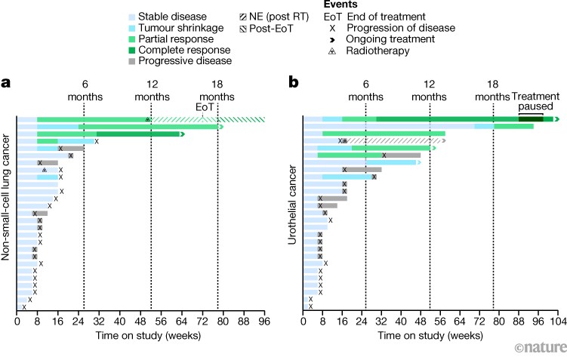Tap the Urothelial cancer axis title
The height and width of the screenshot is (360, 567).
(292, 200)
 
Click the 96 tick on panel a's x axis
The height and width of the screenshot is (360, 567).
(264, 320)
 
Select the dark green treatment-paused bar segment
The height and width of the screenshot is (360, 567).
(531, 119)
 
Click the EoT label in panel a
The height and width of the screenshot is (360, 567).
(205, 107)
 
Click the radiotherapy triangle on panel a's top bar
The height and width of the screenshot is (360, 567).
(148, 119)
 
